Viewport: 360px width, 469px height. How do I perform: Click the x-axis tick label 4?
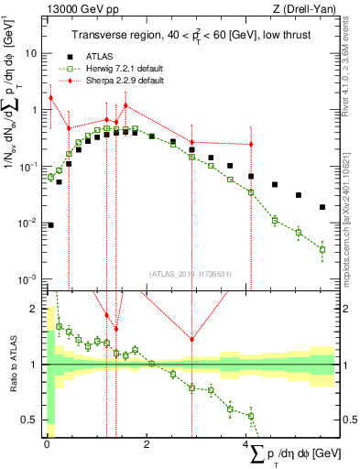[x=246, y=443]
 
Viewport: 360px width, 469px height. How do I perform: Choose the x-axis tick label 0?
[x=47, y=443]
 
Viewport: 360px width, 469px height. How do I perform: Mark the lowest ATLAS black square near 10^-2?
[x=50, y=224]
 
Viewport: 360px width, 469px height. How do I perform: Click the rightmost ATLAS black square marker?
[x=322, y=207]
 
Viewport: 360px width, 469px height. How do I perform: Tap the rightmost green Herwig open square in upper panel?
[x=322, y=249]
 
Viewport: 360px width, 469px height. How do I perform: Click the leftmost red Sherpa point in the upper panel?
[x=50, y=98]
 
